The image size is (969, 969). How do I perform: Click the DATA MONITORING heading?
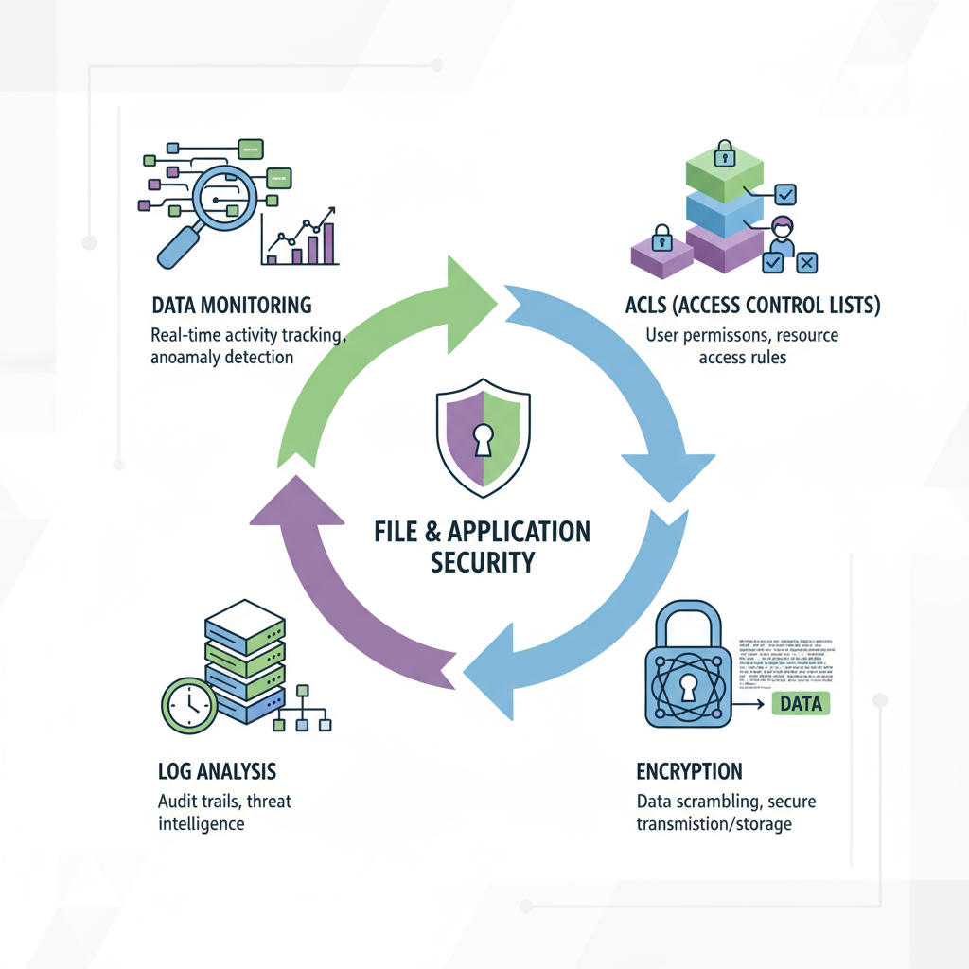(x=232, y=306)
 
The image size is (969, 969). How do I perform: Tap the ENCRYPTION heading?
(x=689, y=770)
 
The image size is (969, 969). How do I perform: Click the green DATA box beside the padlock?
(x=802, y=703)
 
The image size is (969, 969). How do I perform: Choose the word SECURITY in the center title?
(x=483, y=562)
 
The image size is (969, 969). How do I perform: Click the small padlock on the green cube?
(x=724, y=152)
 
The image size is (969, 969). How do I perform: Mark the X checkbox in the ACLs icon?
(x=806, y=263)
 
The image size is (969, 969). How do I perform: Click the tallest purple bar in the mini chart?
(x=328, y=242)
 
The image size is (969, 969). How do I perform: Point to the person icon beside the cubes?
(x=781, y=232)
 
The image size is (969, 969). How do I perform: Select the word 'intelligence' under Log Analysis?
(x=201, y=823)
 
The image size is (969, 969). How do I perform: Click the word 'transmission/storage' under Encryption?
(x=714, y=824)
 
